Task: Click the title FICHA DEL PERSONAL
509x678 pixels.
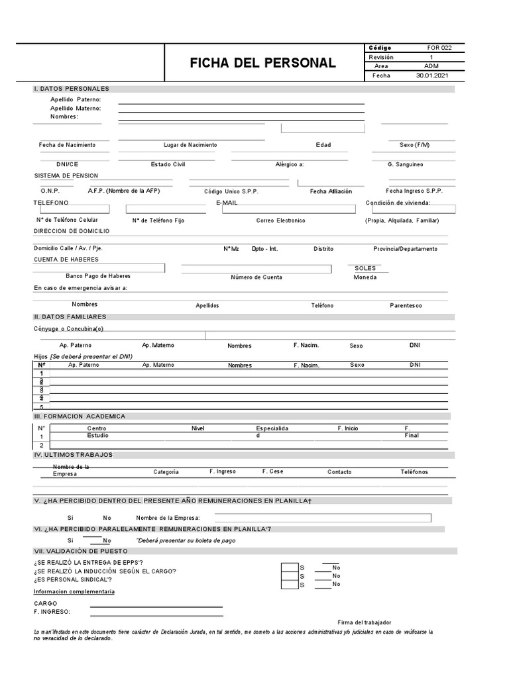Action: click(262, 64)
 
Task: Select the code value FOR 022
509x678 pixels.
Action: click(442, 48)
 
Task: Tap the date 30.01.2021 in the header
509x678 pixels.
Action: click(432, 75)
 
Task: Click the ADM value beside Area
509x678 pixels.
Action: click(431, 66)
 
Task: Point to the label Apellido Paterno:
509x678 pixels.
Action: click(75, 99)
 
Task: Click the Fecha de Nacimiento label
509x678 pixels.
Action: click(67, 145)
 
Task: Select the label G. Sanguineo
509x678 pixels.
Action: click(406, 164)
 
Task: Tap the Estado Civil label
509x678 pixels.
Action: click(168, 164)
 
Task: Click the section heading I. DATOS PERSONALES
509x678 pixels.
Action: click(72, 89)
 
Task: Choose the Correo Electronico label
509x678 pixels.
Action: click(281, 220)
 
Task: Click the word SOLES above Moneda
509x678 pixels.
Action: click(365, 268)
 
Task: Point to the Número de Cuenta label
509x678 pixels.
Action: click(256, 277)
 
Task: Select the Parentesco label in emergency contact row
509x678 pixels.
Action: click(406, 305)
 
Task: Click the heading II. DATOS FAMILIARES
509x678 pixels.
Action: click(70, 317)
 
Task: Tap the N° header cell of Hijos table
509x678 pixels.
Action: click(41, 365)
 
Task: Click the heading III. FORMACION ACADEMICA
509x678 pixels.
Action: click(79, 416)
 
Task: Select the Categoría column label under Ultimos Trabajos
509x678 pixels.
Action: click(166, 472)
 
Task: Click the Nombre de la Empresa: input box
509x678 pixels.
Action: click(322, 518)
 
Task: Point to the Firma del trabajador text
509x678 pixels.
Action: click(365, 622)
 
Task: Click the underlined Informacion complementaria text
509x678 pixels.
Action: click(74, 591)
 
